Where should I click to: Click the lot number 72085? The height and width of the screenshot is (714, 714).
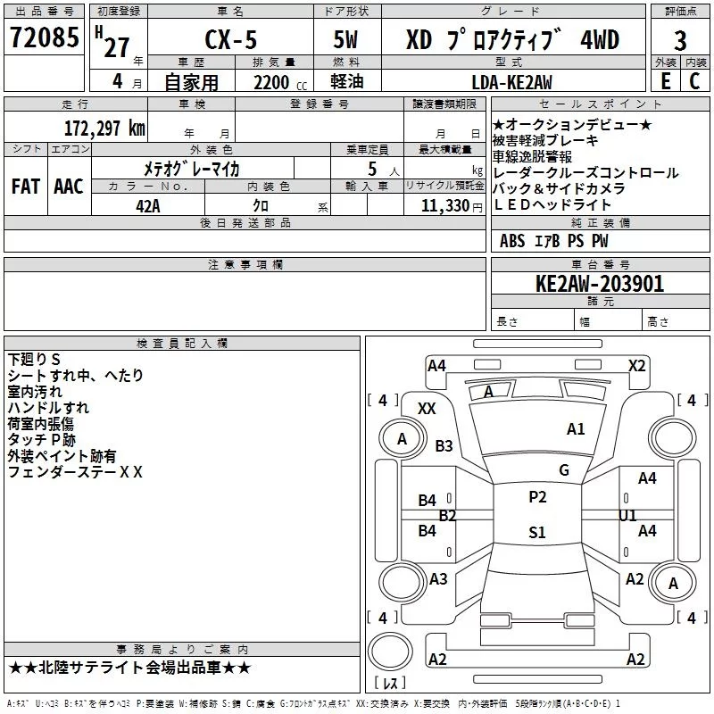click(44, 38)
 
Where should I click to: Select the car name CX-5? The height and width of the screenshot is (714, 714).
click(231, 39)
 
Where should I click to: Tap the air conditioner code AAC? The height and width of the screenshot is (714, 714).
click(68, 186)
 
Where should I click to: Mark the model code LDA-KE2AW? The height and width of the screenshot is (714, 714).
click(511, 82)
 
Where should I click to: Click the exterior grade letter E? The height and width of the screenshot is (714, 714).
click(665, 82)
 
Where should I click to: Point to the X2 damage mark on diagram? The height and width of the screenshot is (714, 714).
click(636, 365)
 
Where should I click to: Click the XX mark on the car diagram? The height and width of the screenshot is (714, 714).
click(427, 408)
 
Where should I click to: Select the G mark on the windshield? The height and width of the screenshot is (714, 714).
click(564, 469)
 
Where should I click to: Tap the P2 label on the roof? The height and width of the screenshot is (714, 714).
click(537, 497)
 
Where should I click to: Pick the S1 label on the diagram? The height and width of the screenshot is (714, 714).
click(536, 533)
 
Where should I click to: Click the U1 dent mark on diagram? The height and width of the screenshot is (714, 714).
click(627, 515)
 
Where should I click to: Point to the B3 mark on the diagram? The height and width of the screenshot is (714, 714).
click(444, 445)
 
